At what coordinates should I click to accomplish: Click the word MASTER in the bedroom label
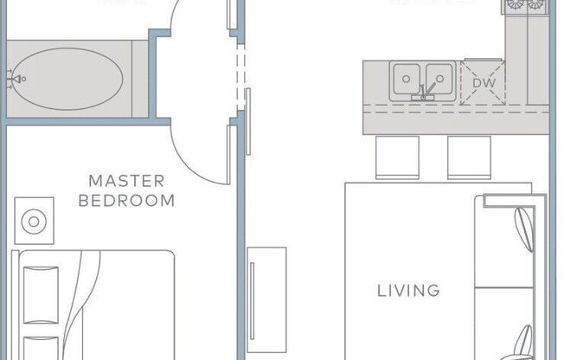(126, 181)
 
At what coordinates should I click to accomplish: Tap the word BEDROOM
(126, 201)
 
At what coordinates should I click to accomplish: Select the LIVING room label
(408, 291)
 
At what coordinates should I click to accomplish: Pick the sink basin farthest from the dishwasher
(406, 80)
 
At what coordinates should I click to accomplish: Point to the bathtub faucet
(14, 79)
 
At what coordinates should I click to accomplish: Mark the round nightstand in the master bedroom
(34, 222)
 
